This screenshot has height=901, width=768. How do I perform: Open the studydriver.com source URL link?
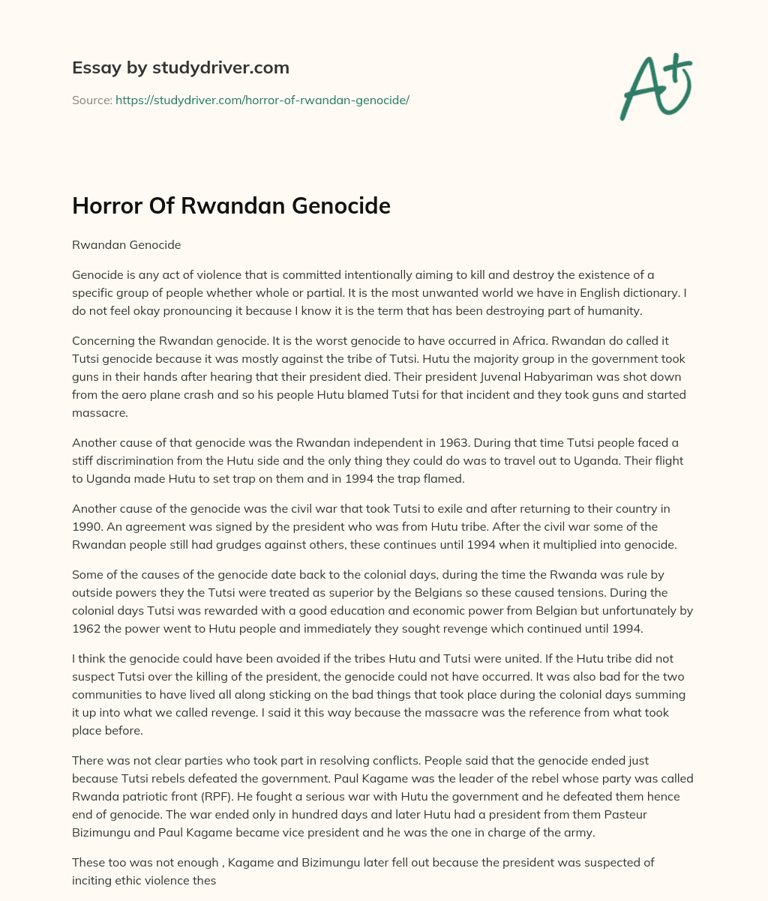tap(262, 100)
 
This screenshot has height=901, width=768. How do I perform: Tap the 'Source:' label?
tap(91, 100)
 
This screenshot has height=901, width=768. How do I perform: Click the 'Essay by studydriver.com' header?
tap(180, 67)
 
